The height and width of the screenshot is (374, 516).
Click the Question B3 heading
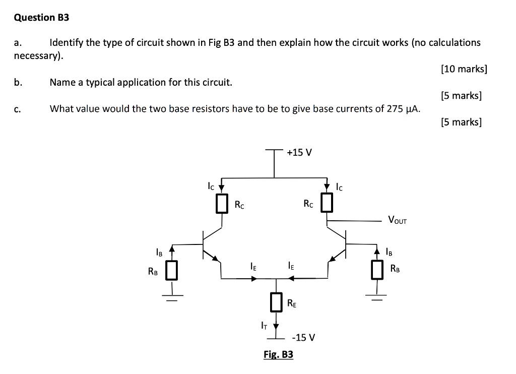point(41,18)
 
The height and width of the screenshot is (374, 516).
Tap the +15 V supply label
point(299,152)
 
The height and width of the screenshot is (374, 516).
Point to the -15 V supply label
point(305,337)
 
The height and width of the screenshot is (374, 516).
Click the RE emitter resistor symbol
point(276,302)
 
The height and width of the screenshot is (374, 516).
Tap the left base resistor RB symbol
point(172,270)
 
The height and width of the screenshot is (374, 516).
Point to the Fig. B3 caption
point(278,355)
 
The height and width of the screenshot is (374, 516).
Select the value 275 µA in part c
point(404,108)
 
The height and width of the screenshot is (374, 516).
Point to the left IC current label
point(211,186)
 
